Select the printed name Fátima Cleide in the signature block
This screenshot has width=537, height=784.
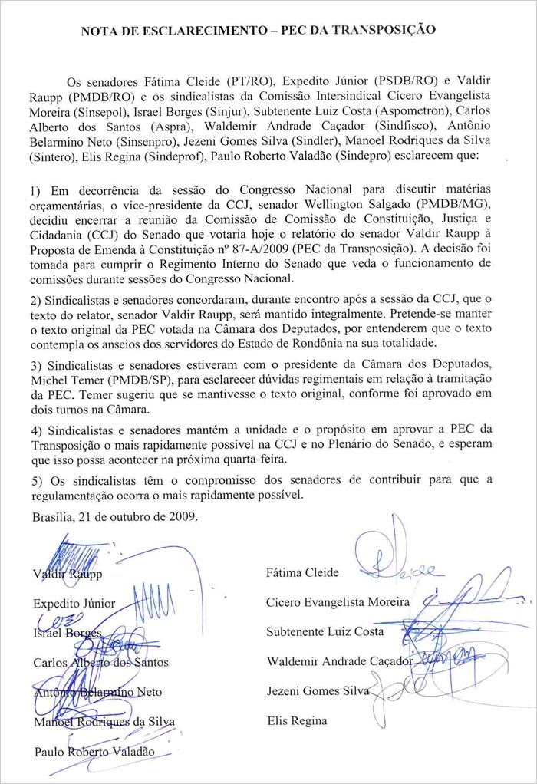pyautogui.click(x=302, y=572)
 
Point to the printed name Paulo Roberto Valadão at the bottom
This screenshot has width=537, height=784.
pyautogui.click(x=94, y=752)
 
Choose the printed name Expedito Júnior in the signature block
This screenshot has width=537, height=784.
pyautogui.click(x=74, y=604)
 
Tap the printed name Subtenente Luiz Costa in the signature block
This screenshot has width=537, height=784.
pyautogui.click(x=325, y=632)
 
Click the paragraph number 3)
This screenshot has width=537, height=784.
pyautogui.click(x=38, y=384)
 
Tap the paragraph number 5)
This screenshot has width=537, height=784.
pyautogui.click(x=38, y=480)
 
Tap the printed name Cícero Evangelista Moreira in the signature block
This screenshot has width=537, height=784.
pyautogui.click(x=338, y=602)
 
